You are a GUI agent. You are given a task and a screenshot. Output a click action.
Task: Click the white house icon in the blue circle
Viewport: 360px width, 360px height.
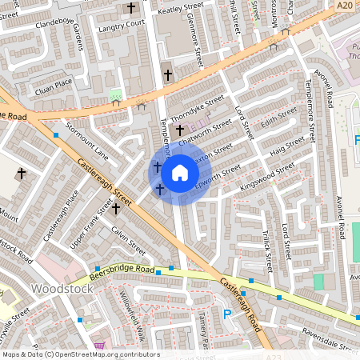(180, 172)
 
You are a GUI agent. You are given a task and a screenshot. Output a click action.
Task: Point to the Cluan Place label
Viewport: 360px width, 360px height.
(54, 82)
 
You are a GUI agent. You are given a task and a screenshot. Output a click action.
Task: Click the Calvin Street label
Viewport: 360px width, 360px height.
(128, 238)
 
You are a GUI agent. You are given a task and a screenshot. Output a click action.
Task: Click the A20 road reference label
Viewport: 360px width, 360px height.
(344, 6)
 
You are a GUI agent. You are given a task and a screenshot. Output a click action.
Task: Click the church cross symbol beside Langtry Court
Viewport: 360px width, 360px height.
(131, 9)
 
